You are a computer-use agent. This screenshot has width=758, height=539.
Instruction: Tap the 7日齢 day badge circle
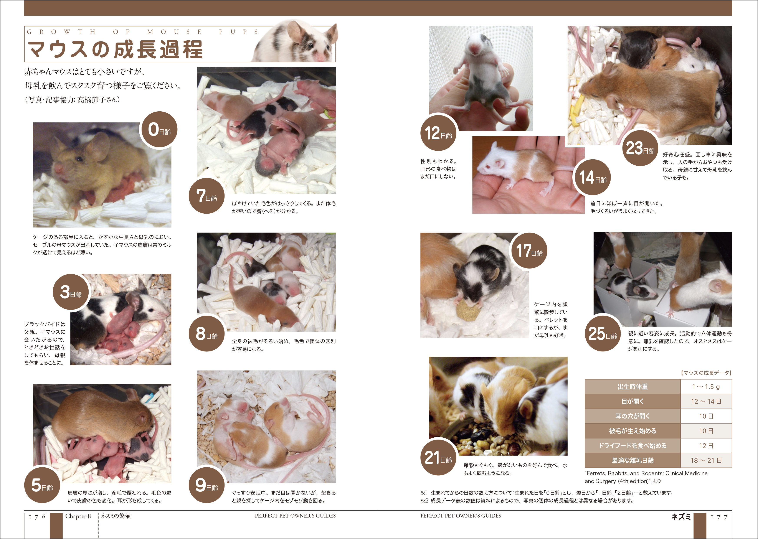[206, 196]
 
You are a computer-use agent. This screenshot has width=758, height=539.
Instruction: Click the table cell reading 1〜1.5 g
[706, 387]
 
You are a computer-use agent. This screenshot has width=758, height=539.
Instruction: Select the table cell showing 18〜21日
[706, 460]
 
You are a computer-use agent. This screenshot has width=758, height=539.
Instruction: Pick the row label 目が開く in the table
[632, 401]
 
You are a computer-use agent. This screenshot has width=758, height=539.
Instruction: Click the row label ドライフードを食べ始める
[632, 446]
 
